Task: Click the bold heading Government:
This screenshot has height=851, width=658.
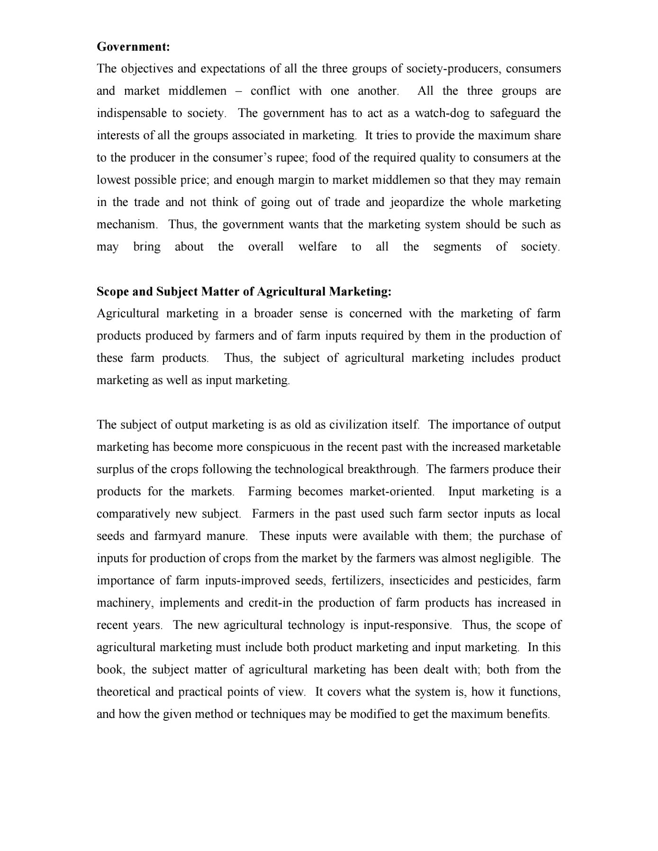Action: click(x=133, y=47)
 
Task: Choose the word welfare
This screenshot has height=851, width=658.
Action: click(x=317, y=247)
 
